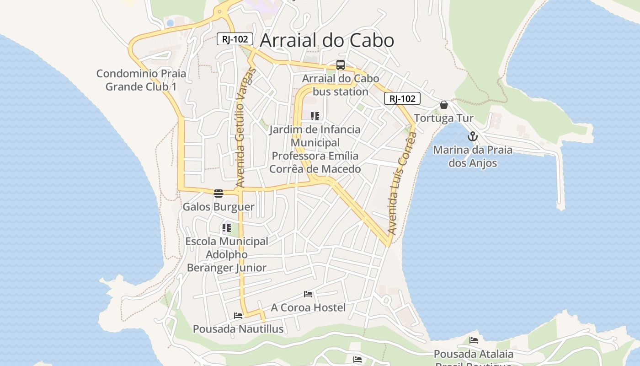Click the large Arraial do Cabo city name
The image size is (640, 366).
pos(326,41)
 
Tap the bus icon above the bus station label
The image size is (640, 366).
pos(340,65)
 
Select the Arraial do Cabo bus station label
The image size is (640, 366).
pos(341,85)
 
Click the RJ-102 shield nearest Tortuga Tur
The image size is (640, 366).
pos(402,98)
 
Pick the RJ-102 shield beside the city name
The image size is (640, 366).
pos(235,39)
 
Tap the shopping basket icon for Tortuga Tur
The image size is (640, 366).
pos(443,105)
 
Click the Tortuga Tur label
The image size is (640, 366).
pos(443,118)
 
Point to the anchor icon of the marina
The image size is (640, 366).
pos(473,136)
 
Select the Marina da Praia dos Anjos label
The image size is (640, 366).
pos(473,156)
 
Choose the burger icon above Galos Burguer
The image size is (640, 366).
pos(219,193)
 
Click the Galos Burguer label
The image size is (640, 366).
pos(219,207)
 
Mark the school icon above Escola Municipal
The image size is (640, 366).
pos(227,227)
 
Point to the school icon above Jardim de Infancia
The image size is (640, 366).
pos(315,116)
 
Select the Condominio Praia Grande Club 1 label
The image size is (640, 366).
pos(141,80)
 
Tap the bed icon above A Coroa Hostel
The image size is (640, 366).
pos(308,294)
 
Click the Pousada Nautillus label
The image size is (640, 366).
pos(238,329)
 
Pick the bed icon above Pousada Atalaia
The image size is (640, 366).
pos(474,340)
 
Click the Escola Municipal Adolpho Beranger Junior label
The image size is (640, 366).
pos(227,254)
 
